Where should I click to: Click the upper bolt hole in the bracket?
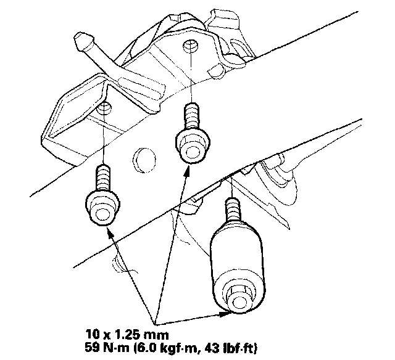coord(191,46)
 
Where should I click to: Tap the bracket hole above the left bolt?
coord(104,109)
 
